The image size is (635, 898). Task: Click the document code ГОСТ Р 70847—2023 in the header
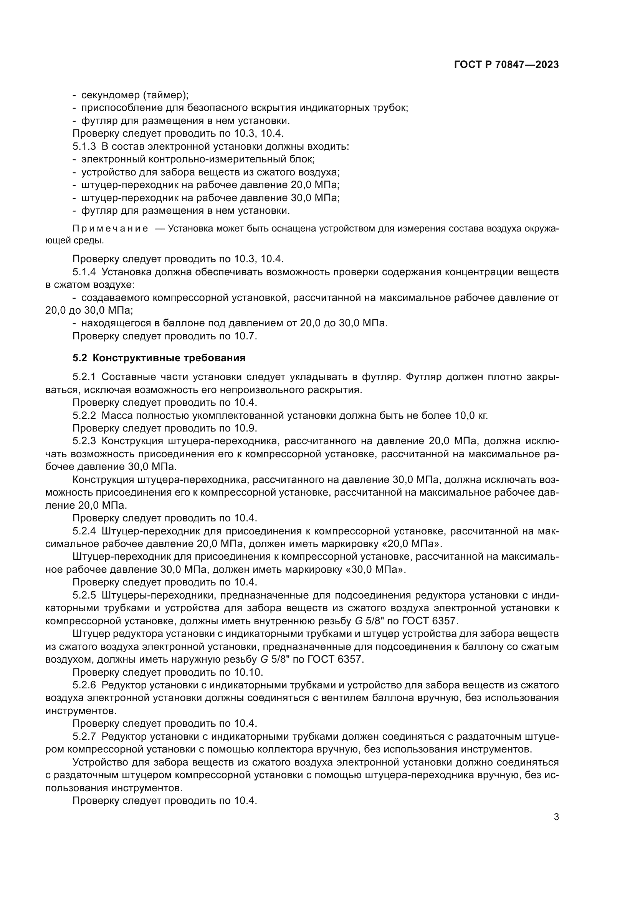506,65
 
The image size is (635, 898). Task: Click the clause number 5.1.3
84,147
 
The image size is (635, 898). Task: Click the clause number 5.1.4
84,272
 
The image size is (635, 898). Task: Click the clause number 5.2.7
84,736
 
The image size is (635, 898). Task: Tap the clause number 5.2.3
84,441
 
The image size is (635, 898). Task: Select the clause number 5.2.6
84,685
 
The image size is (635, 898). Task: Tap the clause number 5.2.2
84,415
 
